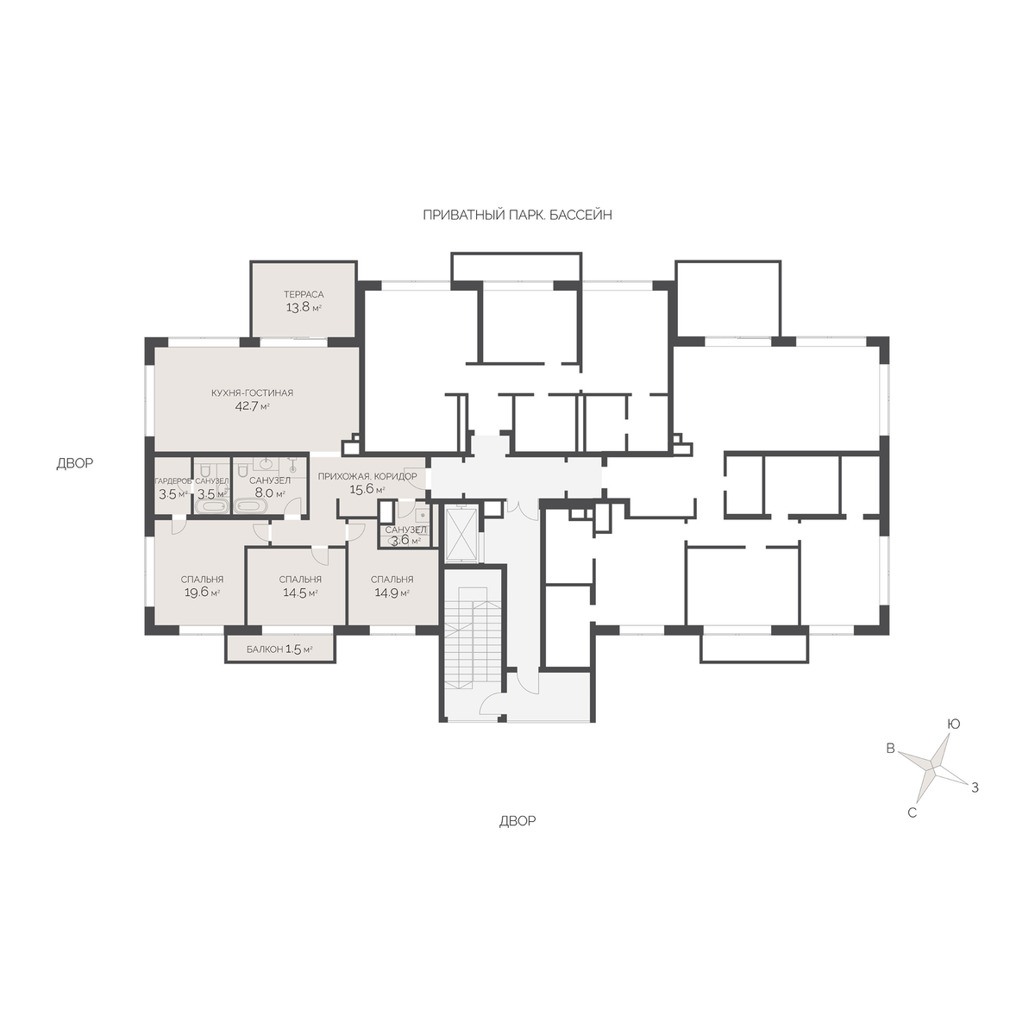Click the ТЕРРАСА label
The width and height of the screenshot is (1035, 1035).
pyautogui.click(x=304, y=294)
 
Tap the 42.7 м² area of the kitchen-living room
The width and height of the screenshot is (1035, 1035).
pyautogui.click(x=252, y=406)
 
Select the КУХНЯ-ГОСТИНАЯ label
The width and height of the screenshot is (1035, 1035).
pyautogui.click(x=252, y=393)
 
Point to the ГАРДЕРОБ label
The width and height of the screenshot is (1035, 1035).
pyautogui.click(x=173, y=481)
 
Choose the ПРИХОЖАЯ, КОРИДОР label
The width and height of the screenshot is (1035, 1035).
pyautogui.click(x=367, y=476)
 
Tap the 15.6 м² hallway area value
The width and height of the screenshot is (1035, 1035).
pyautogui.click(x=367, y=489)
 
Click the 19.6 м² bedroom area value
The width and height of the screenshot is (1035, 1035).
pyautogui.click(x=202, y=593)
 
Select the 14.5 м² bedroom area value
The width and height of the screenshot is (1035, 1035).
pyautogui.click(x=299, y=593)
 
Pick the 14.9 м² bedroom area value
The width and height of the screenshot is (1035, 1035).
pyautogui.click(x=392, y=593)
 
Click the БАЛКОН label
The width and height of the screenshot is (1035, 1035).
pyautogui.click(x=264, y=649)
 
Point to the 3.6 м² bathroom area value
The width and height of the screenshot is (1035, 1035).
pyautogui.click(x=405, y=541)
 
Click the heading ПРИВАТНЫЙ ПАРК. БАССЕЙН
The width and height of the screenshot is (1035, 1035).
pyautogui.click(x=517, y=216)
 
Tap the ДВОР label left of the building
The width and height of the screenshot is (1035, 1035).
pyautogui.click(x=75, y=463)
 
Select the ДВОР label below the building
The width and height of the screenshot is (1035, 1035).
pyautogui.click(x=517, y=821)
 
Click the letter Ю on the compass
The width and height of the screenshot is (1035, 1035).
pyautogui.click(x=953, y=724)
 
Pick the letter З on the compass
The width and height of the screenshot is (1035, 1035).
pyautogui.click(x=975, y=788)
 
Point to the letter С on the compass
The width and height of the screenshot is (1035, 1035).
pyautogui.click(x=912, y=813)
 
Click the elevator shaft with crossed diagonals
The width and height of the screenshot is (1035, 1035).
pyautogui.click(x=461, y=535)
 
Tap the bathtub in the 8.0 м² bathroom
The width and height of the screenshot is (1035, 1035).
pyautogui.click(x=251, y=506)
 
